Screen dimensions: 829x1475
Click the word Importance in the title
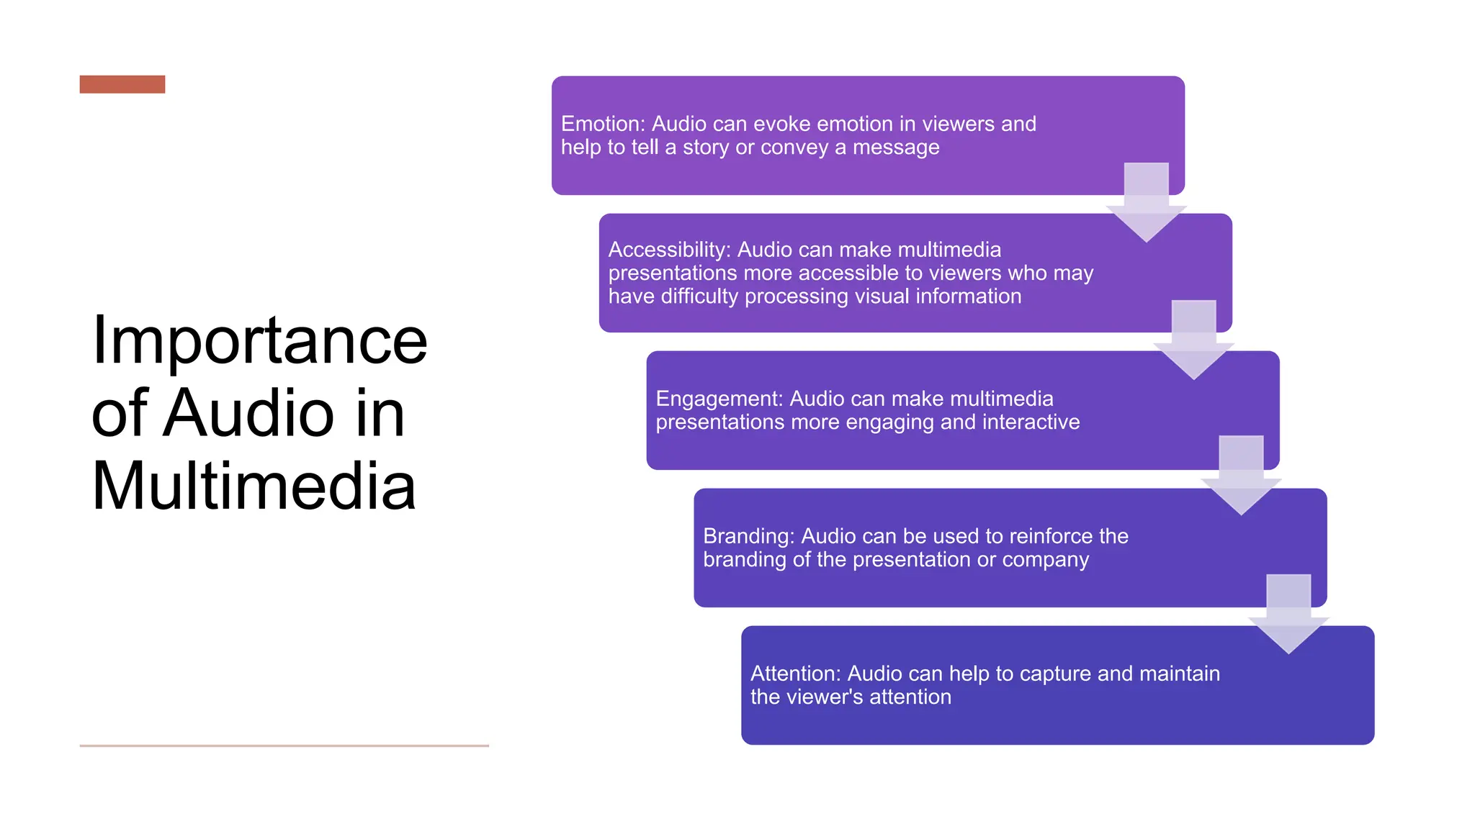259,340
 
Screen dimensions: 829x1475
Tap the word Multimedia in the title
254,486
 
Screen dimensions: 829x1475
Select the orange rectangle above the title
122,84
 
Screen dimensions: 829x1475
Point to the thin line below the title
284,746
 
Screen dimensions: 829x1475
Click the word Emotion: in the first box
603,124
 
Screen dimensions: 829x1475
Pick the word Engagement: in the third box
719,399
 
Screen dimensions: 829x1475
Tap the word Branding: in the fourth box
748,536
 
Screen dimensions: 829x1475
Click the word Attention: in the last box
795,674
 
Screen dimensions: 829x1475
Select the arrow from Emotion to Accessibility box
1146,205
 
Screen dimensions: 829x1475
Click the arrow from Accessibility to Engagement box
1193,343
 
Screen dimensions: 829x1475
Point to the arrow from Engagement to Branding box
1241,478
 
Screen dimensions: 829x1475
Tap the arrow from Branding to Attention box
1288,617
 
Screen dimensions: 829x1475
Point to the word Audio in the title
248,414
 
